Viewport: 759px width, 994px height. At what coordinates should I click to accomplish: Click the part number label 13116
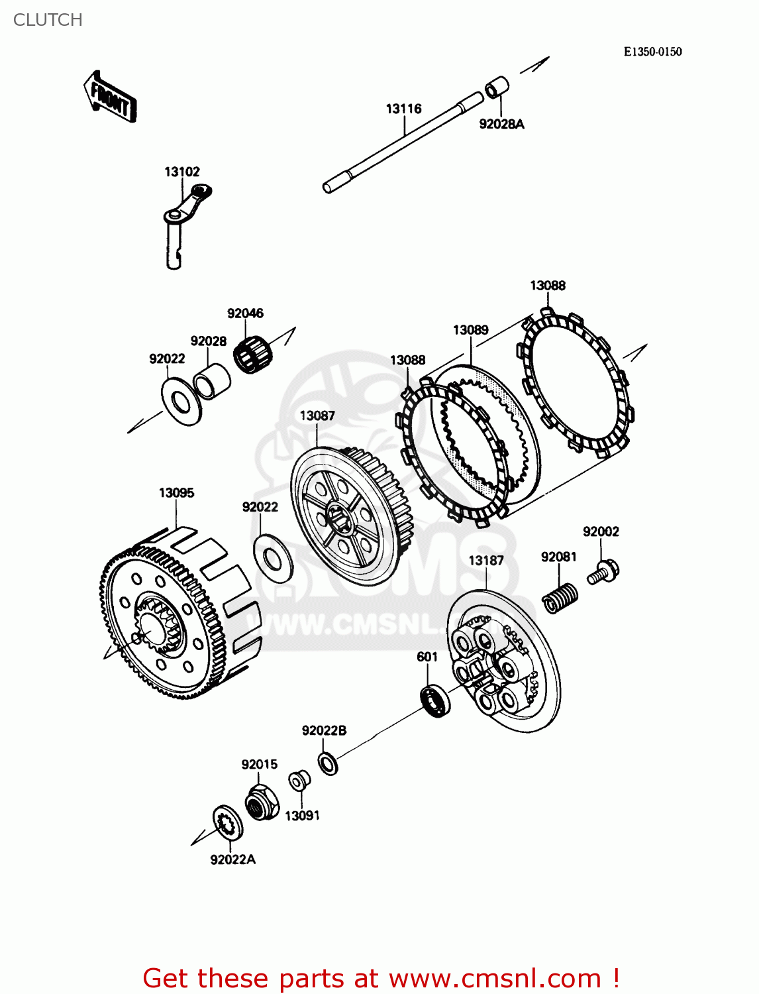click(403, 109)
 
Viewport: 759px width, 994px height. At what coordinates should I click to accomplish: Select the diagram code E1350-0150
click(652, 52)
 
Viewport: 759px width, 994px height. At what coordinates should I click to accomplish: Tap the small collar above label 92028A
click(497, 87)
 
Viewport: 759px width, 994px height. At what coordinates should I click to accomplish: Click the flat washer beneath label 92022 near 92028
click(181, 402)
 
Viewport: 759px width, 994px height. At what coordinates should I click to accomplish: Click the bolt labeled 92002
click(603, 572)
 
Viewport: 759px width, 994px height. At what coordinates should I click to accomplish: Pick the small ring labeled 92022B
click(328, 763)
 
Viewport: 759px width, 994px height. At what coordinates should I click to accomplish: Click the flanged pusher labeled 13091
click(299, 780)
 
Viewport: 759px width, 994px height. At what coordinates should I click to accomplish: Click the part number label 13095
click(176, 493)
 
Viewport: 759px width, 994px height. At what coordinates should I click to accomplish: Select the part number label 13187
click(486, 561)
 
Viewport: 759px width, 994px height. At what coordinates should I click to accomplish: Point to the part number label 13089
click(470, 330)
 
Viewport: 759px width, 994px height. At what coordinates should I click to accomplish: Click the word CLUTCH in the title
click(48, 20)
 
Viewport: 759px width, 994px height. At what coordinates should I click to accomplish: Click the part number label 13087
click(317, 415)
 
